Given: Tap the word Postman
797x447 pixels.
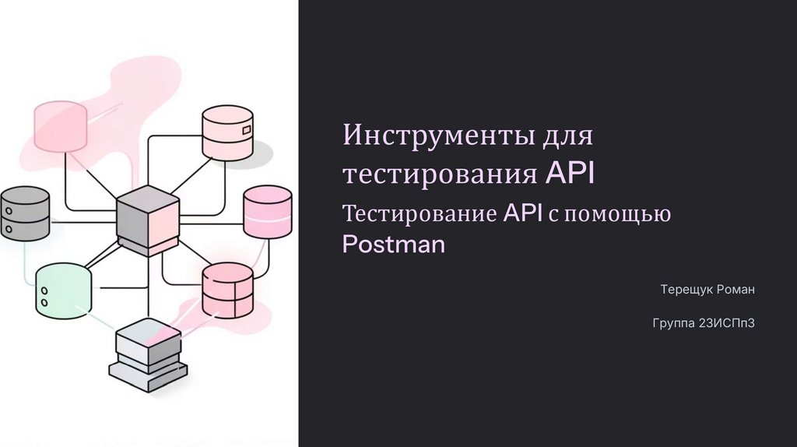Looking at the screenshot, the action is (394, 245).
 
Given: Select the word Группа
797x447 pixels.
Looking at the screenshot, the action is (673, 322).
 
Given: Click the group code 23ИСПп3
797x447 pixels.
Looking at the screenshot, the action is (728, 322).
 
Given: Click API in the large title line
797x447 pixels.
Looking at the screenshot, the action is (569, 173).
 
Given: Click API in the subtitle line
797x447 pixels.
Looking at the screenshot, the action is (521, 213).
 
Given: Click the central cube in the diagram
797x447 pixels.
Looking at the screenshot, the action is (147, 219).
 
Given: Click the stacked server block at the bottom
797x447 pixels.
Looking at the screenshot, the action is (148, 354).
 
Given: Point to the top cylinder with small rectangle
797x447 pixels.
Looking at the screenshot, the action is (227, 132).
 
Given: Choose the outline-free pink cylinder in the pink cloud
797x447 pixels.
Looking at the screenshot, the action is (61, 127).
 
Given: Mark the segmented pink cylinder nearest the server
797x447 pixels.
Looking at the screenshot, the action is (227, 290).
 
